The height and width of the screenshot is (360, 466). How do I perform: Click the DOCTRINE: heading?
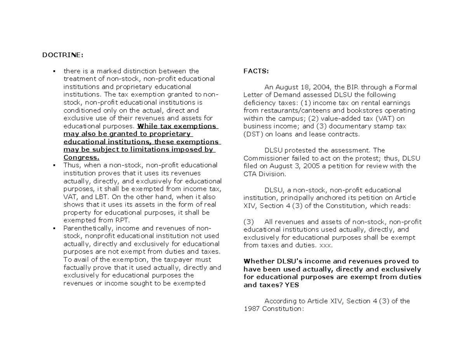click(x=63, y=55)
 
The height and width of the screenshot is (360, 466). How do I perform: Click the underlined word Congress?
click(x=81, y=158)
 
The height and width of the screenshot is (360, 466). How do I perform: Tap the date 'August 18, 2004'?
click(x=298, y=87)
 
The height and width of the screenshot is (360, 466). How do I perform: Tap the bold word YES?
click(x=292, y=285)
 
